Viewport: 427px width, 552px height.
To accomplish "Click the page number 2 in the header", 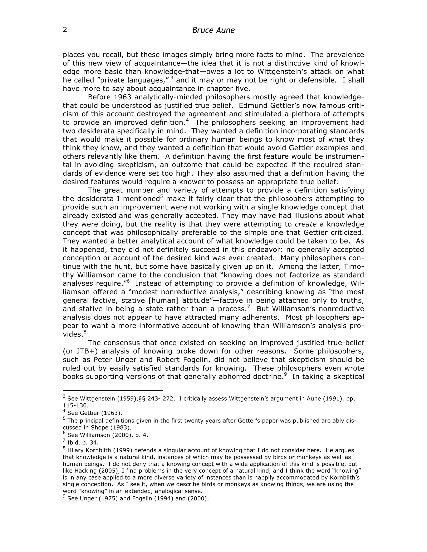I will point(65,30).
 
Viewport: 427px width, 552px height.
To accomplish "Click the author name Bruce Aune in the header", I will point(213,30).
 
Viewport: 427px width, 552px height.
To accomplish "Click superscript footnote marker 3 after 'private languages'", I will point(172,78).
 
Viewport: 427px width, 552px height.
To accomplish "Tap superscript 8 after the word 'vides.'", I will point(85,332).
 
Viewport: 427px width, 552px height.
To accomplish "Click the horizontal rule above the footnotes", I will point(113,391).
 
